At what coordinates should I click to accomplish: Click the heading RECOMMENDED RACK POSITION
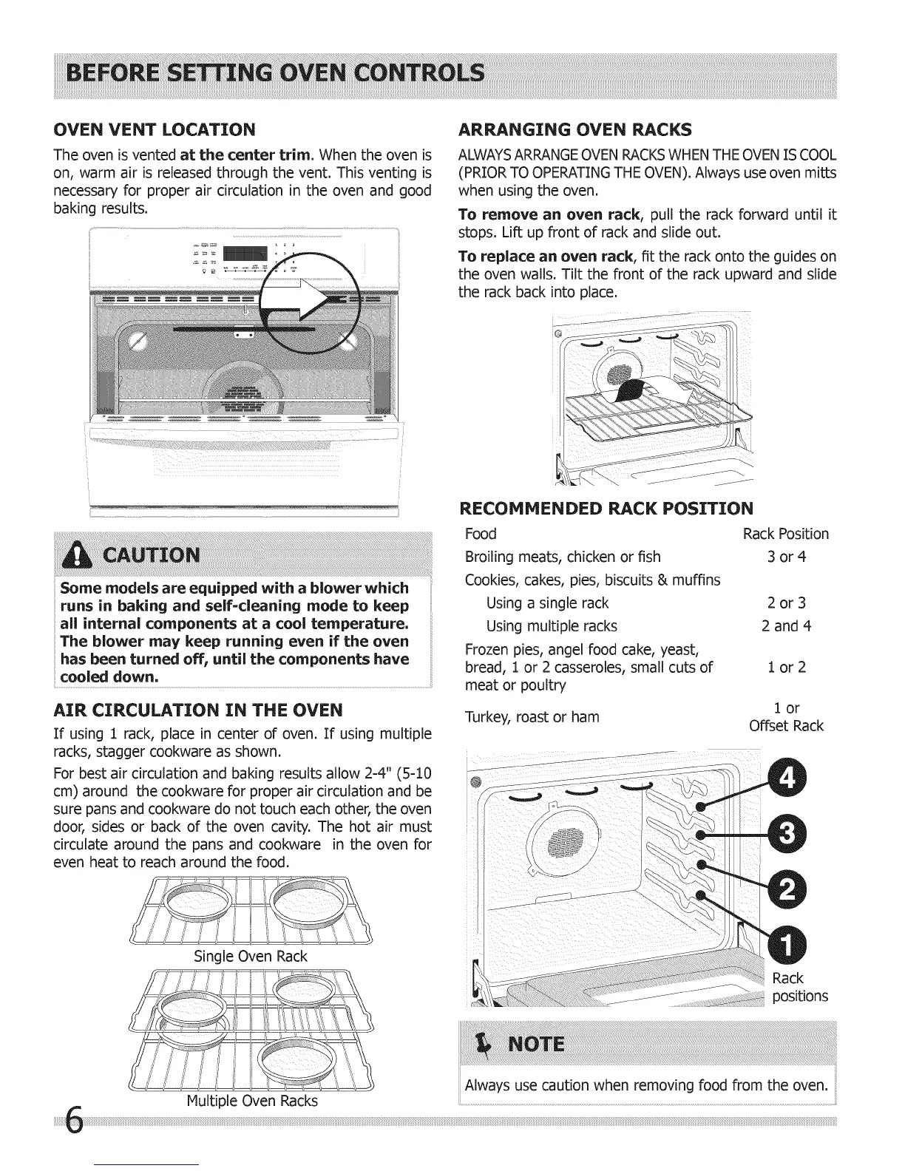(x=606, y=508)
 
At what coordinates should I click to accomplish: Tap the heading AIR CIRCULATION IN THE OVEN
(x=198, y=710)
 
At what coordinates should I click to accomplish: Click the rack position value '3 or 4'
(x=786, y=557)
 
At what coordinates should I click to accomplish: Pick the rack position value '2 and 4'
(x=786, y=626)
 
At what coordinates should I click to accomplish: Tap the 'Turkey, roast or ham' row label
(x=532, y=716)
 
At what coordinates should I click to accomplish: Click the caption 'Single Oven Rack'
(x=250, y=956)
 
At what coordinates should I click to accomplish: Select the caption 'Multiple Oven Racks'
(x=252, y=1101)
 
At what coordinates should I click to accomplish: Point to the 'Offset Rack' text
(x=786, y=726)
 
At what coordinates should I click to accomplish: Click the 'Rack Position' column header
(x=785, y=534)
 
